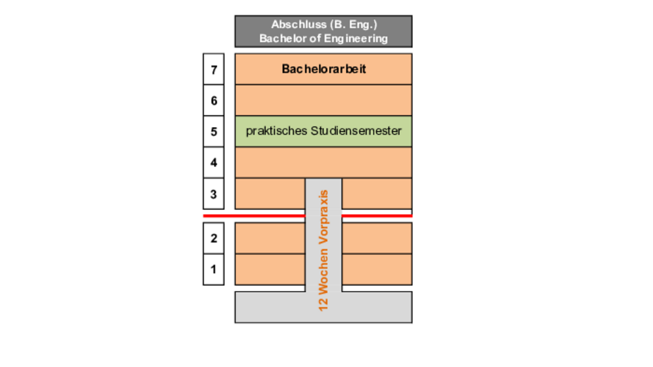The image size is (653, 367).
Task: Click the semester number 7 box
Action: tap(214, 69)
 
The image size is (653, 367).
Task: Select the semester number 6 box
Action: tap(214, 101)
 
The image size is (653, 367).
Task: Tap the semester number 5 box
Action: tap(214, 131)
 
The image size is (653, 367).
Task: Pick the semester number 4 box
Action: tap(214, 162)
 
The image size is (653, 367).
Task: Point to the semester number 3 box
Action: tap(214, 194)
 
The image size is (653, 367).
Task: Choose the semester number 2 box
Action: tap(214, 238)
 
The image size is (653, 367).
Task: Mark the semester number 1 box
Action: tap(214, 269)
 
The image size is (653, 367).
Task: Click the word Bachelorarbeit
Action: tap(324, 69)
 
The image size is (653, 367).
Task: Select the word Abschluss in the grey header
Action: tap(299, 24)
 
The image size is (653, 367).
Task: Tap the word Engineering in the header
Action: tap(356, 39)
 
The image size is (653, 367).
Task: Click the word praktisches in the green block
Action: tap(277, 131)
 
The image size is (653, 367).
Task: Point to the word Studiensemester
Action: tap(356, 130)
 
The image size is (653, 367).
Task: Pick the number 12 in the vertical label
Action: tap(323, 304)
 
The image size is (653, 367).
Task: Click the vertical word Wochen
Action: tap(323, 271)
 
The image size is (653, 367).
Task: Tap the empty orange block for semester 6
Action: tap(324, 101)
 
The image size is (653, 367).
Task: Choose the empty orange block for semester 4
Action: tap(324, 162)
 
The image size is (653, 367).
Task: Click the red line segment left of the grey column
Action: tap(254, 216)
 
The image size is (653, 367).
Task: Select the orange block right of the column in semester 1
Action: tap(377, 269)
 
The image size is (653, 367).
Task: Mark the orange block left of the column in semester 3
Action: tap(270, 194)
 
